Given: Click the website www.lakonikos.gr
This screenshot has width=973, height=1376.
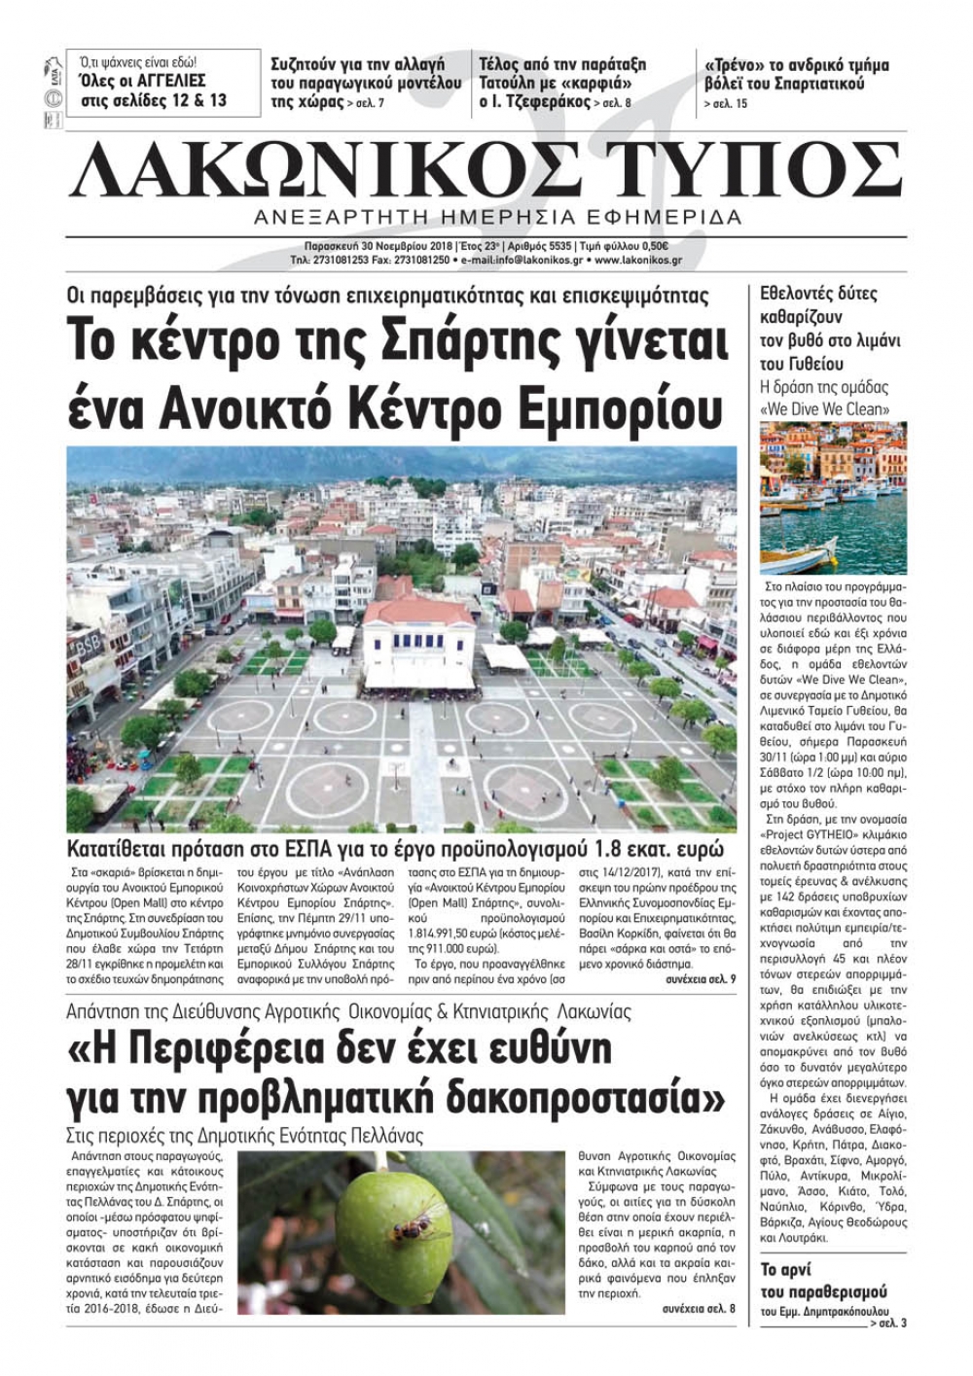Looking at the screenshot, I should pos(637,261).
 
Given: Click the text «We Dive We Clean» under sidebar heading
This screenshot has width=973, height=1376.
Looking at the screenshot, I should pos(824,409).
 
